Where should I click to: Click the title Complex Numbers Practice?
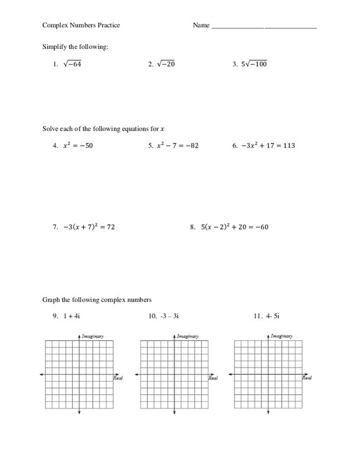(81, 26)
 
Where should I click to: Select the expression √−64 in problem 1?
(72, 64)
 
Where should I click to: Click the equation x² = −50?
(77, 146)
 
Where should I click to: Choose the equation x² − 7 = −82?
(178, 146)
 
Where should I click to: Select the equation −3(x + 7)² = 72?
(89, 227)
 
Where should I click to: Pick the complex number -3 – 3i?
(168, 316)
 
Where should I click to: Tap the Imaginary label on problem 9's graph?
(93, 336)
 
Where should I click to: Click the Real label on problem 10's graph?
(213, 379)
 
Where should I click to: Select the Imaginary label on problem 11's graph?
(282, 336)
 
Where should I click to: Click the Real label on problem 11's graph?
(306, 379)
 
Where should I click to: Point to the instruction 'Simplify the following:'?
(76, 46)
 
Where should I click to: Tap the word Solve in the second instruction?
(51, 128)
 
